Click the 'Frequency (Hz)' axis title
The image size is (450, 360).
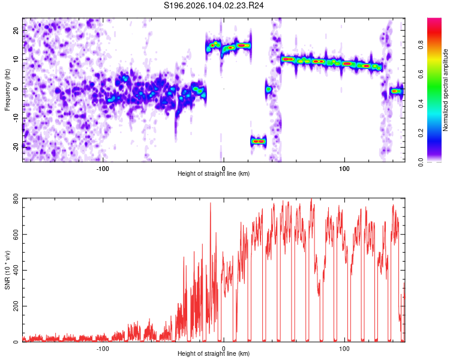[x=7, y=89]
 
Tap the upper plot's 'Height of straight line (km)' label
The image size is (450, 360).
[x=214, y=173]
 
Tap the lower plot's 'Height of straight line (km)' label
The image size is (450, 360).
[x=214, y=353]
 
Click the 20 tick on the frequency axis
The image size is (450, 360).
[x=17, y=29]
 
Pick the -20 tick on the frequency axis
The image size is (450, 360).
[x=16, y=146]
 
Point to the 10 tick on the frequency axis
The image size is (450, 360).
[x=17, y=59]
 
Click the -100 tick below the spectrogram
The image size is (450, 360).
[x=102, y=167]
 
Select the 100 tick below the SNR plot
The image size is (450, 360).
[x=344, y=348]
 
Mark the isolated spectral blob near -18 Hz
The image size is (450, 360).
[x=258, y=141]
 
